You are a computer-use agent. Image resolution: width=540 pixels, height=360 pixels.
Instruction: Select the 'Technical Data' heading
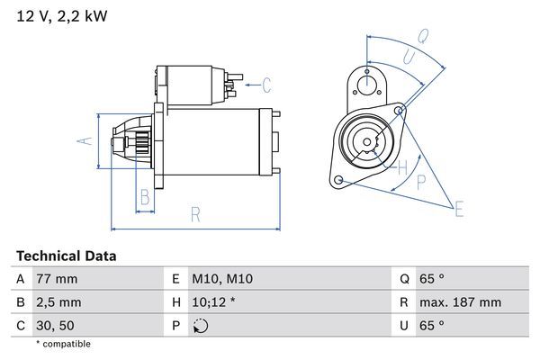(x=66, y=256)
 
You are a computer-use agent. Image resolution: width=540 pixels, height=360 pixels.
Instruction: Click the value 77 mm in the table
(x=57, y=280)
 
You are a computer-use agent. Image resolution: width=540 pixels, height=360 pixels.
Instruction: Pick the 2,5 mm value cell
(x=58, y=302)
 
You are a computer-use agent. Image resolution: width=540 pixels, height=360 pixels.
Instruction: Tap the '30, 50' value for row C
(x=55, y=325)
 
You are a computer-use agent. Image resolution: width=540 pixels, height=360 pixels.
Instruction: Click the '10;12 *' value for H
(x=214, y=302)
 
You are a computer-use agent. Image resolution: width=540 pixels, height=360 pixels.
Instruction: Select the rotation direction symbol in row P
(x=200, y=326)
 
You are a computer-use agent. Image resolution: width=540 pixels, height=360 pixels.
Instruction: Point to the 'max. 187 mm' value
(x=463, y=302)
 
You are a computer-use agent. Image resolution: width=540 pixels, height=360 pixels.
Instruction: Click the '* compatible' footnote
(x=63, y=344)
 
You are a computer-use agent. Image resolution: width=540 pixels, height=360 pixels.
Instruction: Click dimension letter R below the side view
(x=195, y=215)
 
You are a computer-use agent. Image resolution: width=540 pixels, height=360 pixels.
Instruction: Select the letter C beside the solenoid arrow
(x=266, y=86)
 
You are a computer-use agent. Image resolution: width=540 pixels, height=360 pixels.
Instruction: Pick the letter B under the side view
(x=144, y=197)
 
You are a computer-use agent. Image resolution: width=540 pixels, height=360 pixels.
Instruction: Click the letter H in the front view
(x=403, y=166)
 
